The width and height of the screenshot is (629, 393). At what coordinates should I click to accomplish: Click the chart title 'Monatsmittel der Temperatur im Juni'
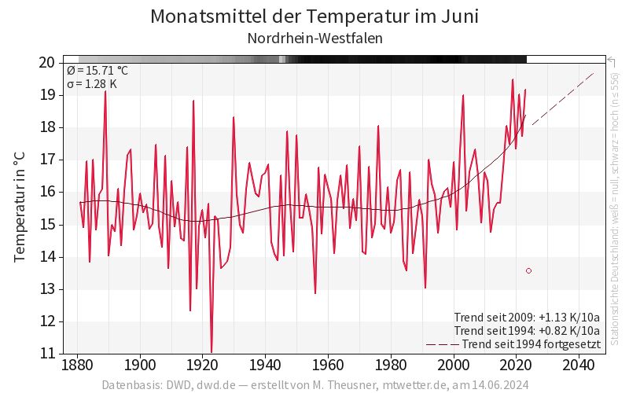tap(314, 17)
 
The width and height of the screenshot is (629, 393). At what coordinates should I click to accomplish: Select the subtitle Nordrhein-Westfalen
tap(314, 38)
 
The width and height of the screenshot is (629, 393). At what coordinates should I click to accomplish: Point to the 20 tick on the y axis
tap(46, 63)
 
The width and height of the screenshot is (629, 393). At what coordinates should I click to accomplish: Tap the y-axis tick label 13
tap(46, 289)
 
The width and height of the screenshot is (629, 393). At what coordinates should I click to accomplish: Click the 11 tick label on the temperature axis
tap(46, 354)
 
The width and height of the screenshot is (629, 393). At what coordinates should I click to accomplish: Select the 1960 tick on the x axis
tap(328, 365)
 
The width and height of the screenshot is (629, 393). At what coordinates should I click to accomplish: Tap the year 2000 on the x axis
tap(454, 365)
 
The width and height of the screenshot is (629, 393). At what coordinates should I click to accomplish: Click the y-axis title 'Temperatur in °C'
tap(20, 208)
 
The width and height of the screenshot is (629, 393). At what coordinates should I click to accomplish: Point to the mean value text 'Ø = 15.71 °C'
tap(97, 71)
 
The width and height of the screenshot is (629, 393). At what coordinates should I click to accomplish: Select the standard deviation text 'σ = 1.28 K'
tap(92, 84)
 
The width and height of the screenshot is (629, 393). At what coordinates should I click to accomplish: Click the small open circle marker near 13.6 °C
tap(528, 270)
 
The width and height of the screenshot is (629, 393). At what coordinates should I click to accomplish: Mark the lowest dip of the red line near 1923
tap(212, 351)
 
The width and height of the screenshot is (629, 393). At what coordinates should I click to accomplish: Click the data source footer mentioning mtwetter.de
tap(314, 385)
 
